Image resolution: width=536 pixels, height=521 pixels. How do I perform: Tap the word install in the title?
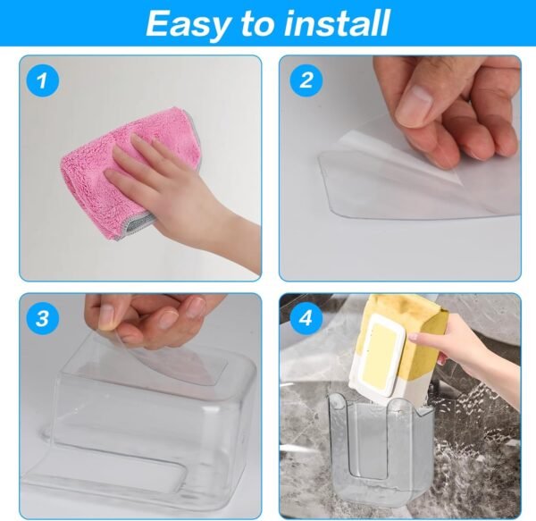pyautogui.click(x=337, y=23)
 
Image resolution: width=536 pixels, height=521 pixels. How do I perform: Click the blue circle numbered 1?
pyautogui.click(x=41, y=81)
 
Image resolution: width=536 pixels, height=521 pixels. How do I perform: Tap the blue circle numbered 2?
pyautogui.click(x=306, y=81)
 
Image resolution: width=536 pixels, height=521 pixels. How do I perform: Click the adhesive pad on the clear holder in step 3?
pyautogui.click(x=179, y=366)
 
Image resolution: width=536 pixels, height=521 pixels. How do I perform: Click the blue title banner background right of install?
pyautogui.click(x=465, y=23)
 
